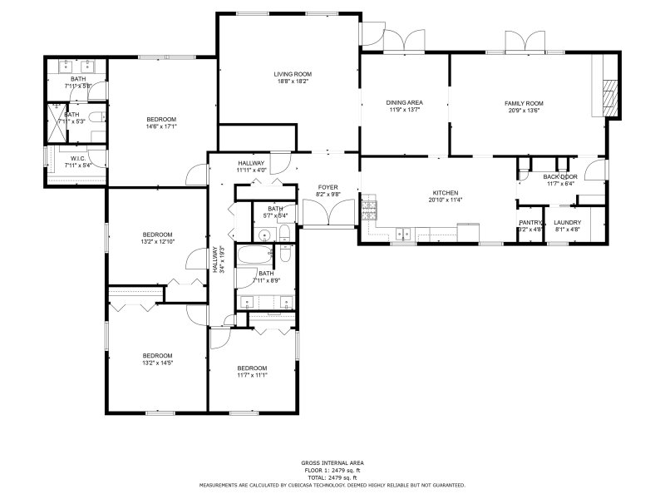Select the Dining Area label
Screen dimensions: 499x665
404,102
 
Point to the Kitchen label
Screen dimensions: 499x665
440,192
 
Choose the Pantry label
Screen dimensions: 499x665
530,222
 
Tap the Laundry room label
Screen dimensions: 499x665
567,222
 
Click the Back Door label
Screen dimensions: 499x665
560,177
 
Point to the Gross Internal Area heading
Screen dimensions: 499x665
332,462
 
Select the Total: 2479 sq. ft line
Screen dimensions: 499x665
332,477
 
